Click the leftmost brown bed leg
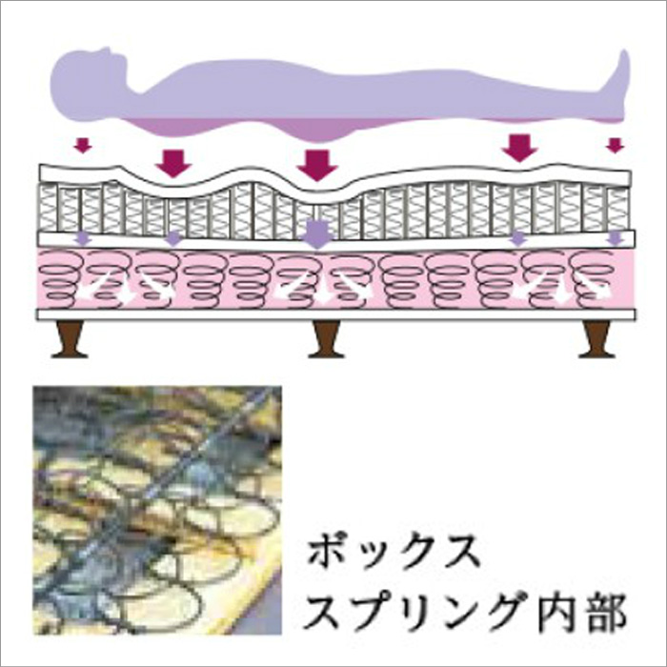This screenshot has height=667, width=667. tap(70, 339)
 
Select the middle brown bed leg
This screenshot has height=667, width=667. tap(326, 339)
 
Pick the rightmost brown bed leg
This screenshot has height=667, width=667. tap(597, 339)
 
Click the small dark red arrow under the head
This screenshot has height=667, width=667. tap(83, 145)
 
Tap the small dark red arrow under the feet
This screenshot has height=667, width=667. tap(615, 145)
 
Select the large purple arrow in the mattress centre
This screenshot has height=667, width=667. tap(318, 233)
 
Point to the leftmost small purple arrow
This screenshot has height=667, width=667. tap(83, 238)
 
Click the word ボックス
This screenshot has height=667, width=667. tap(393, 553)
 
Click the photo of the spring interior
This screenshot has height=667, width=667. tap(157, 510)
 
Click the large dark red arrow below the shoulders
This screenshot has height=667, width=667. tap(174, 163)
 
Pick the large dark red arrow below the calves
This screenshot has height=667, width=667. tap(520, 148)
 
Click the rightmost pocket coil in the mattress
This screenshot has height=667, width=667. tap(617, 210)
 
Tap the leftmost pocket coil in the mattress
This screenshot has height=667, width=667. tap(48, 209)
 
